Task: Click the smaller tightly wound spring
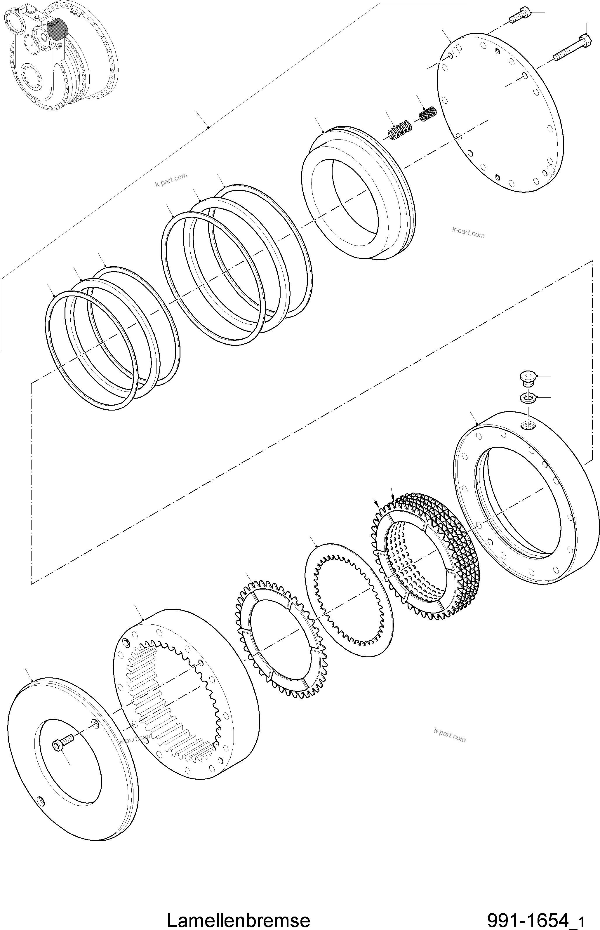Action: coord(428,114)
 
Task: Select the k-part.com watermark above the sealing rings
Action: coord(171,180)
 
